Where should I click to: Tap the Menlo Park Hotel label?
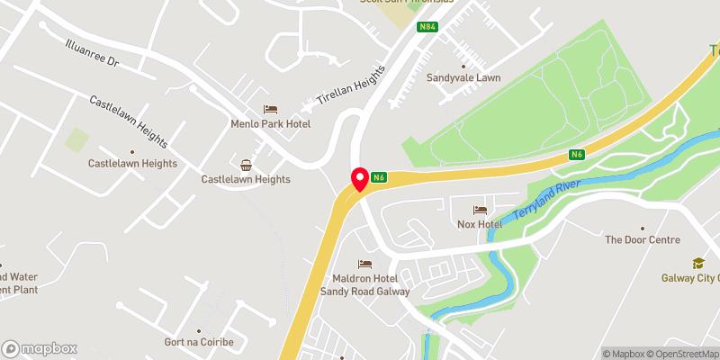click(x=269, y=124)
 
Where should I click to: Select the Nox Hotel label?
click(x=477, y=223)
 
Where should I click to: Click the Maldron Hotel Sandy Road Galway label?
click(x=364, y=285)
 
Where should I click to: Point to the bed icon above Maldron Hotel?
click(x=364, y=265)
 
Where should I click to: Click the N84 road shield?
click(x=427, y=26)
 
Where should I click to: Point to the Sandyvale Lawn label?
click(x=463, y=77)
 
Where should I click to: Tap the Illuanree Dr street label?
click(x=92, y=54)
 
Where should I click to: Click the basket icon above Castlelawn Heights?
click(x=246, y=164)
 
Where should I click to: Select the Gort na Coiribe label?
click(x=199, y=343)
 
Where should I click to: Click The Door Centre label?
click(x=643, y=239)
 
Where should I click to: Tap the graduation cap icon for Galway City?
click(x=697, y=263)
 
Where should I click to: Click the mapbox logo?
click(x=40, y=348)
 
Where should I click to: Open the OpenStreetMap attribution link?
click(x=680, y=354)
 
